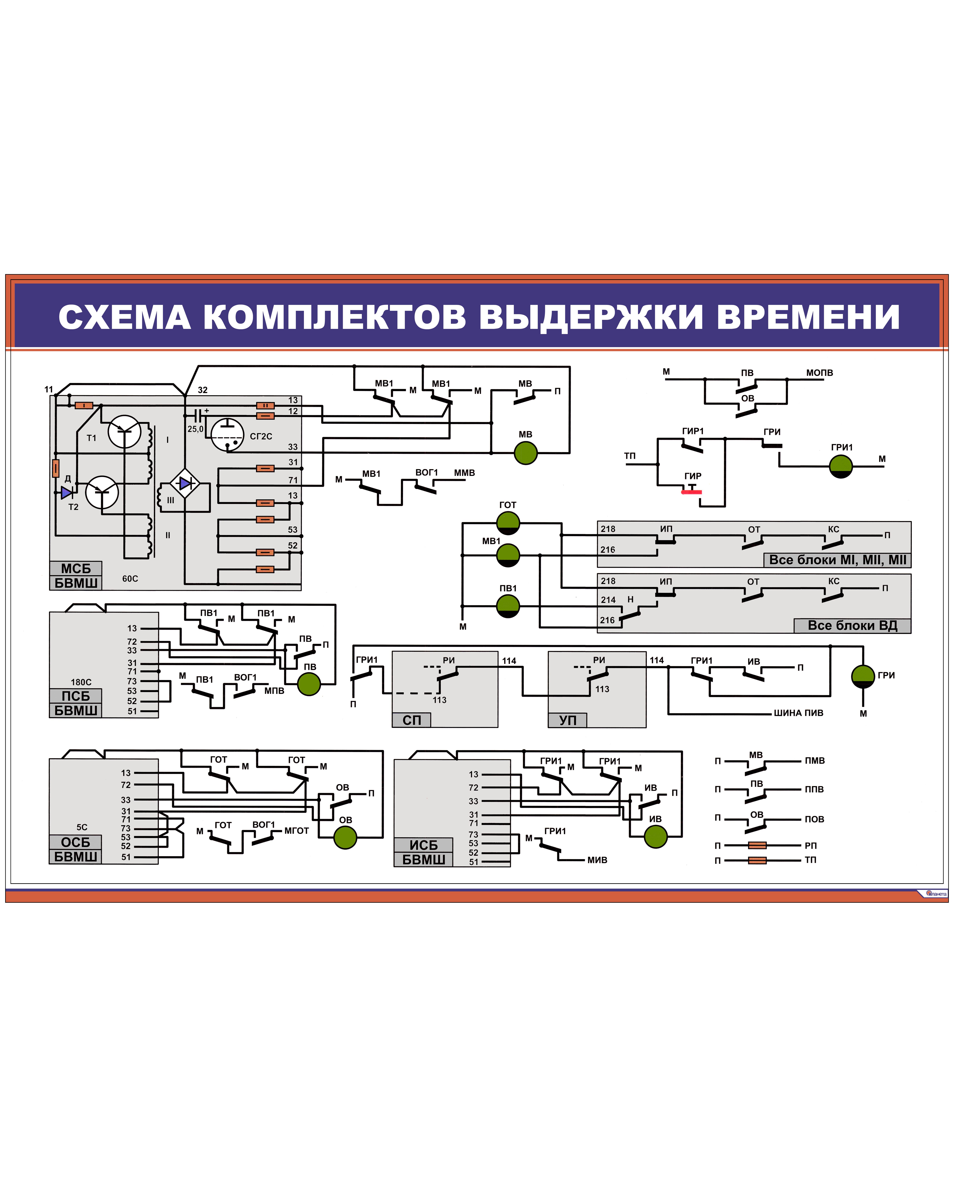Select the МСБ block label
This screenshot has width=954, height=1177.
[x=76, y=568]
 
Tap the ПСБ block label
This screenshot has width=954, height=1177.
[x=76, y=696]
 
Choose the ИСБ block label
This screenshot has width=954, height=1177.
[x=423, y=845]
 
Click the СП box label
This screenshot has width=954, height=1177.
[x=412, y=720]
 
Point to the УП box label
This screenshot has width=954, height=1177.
[x=568, y=720]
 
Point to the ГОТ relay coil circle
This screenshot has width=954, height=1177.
[x=508, y=523]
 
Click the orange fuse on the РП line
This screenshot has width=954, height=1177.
[x=757, y=845]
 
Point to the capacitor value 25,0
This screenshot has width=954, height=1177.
[x=195, y=429]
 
